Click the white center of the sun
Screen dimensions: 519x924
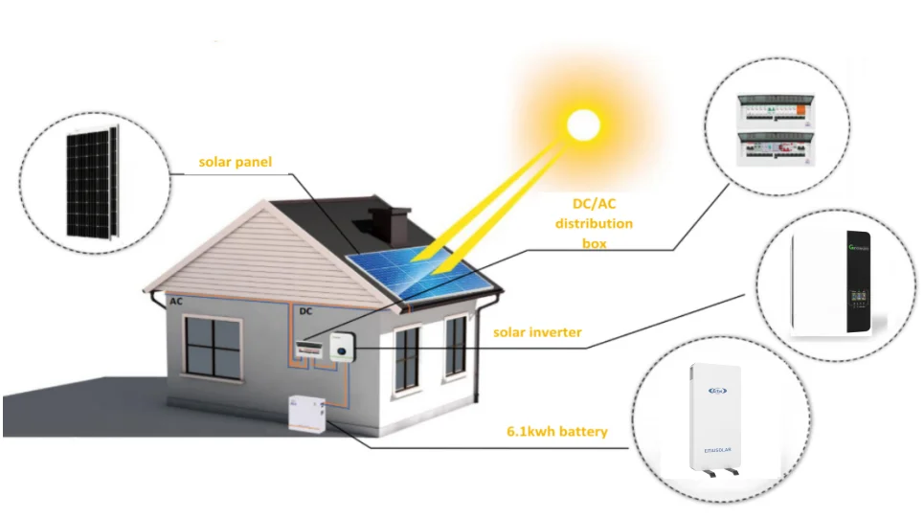(x=581, y=125)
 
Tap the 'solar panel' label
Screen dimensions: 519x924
(x=235, y=162)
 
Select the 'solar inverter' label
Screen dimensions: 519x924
(x=537, y=332)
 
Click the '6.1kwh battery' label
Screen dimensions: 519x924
(x=557, y=432)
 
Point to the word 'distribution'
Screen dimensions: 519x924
(x=595, y=223)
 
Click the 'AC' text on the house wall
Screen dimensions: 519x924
(x=175, y=302)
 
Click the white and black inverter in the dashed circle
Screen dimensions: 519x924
(x=831, y=284)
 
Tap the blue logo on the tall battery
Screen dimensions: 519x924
(x=718, y=390)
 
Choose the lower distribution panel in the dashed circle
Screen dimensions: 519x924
(x=774, y=151)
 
